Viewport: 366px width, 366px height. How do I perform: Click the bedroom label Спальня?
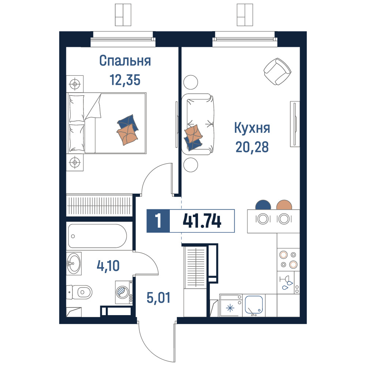pyautogui.click(x=125, y=61)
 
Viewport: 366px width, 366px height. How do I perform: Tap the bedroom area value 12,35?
pyautogui.click(x=125, y=80)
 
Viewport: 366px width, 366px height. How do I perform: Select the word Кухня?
pyautogui.click(x=252, y=128)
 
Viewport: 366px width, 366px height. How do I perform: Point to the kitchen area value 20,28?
pyautogui.click(x=252, y=147)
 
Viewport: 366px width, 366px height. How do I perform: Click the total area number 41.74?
pyautogui.click(x=202, y=221)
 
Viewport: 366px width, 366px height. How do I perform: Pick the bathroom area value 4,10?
pyautogui.click(x=108, y=266)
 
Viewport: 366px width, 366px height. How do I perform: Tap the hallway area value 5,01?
pyautogui.click(x=158, y=298)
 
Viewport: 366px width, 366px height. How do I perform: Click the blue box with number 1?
pyautogui.click(x=158, y=221)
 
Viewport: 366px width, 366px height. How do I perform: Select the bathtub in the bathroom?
pyautogui.click(x=98, y=236)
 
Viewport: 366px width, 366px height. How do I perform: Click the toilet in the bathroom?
pyautogui.click(x=79, y=292)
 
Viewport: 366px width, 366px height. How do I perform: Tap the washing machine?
pyautogui.click(x=124, y=292)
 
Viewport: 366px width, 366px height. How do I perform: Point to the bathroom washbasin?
pyautogui.click(x=74, y=264)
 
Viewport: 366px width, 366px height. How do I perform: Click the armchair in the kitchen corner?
pyautogui.click(x=277, y=71)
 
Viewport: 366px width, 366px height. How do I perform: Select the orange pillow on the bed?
pyautogui.click(x=127, y=135)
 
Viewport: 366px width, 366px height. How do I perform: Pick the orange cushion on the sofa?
pyautogui.click(x=193, y=134)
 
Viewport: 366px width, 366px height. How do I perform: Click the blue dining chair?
pyautogui.click(x=263, y=205)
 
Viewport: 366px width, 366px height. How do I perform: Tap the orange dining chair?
pyautogui.click(x=284, y=205)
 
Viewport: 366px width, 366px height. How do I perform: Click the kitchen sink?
pyautogui.click(x=254, y=305)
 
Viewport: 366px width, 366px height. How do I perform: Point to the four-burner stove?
pyautogui.click(x=288, y=259)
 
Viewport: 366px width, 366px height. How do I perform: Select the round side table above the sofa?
pyautogui.click(x=191, y=82)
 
